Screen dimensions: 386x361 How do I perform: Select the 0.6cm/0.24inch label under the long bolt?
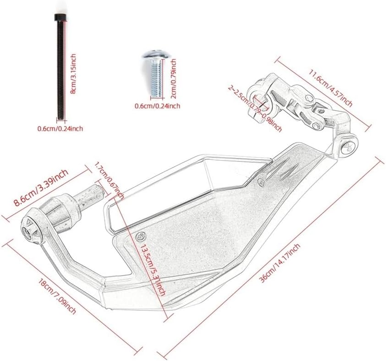tap(60, 129)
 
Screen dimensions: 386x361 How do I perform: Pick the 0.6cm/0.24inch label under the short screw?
tap(157, 106)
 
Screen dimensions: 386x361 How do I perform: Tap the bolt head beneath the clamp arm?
tap(347, 147)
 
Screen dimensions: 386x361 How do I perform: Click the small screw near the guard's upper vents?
tap(261, 181)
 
